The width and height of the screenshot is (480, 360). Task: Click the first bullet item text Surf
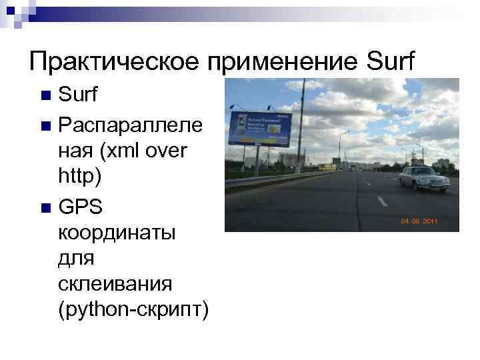[78, 95]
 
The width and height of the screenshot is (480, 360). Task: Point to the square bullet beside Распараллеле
[44, 124]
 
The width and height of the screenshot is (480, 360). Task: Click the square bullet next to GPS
[44, 209]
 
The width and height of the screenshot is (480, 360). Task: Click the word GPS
[81, 208]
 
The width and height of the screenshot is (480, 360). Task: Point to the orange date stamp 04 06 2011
[418, 221]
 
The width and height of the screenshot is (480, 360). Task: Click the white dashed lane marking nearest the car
[381, 200]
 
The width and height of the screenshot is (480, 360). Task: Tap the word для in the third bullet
[75, 260]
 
